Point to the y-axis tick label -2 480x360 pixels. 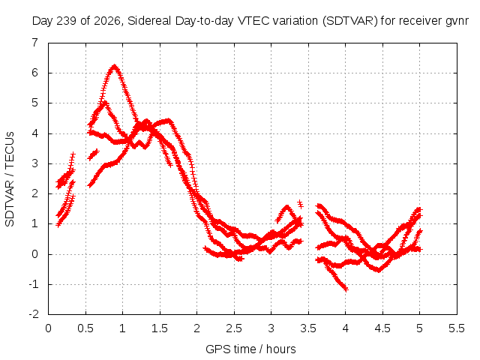34,314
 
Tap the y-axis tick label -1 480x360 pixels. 34,284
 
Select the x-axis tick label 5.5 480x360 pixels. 457,328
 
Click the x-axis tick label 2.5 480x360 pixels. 234,328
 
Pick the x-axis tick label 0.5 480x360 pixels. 85,328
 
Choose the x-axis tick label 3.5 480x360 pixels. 308,328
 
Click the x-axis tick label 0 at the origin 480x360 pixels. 48,328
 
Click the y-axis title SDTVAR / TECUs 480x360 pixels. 10,179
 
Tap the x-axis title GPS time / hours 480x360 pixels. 250,349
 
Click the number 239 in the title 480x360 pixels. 67,21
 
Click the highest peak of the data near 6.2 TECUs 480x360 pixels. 114,67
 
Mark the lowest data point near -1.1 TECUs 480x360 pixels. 346,289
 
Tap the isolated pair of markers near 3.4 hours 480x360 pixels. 300,204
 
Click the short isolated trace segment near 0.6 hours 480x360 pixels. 93,154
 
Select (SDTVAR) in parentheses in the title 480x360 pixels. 350,21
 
